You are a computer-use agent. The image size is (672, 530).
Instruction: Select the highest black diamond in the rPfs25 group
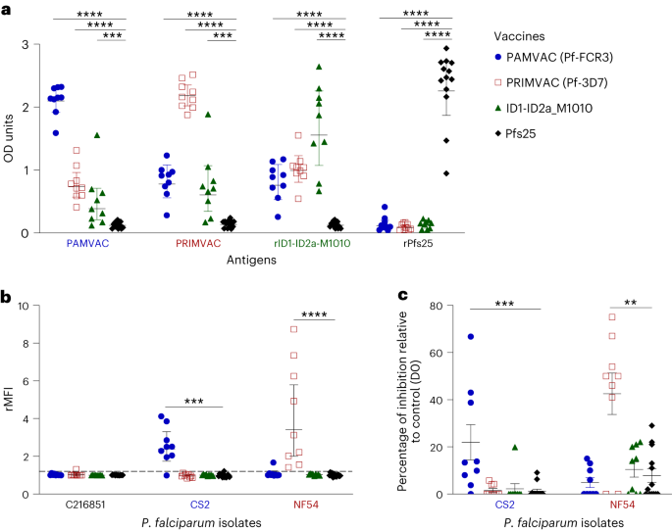pos(446,47)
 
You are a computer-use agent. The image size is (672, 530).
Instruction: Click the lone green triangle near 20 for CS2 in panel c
pos(514,447)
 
